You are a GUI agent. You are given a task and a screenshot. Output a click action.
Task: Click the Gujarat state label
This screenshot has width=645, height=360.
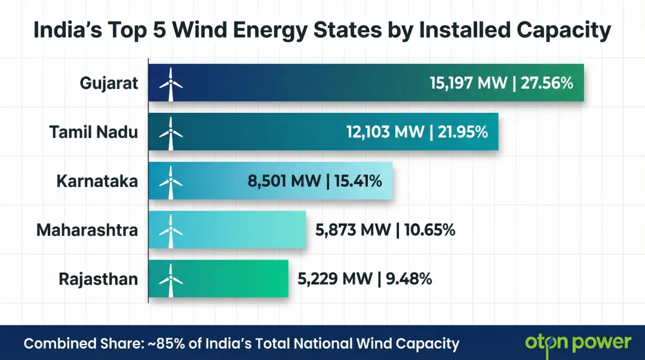[109, 83]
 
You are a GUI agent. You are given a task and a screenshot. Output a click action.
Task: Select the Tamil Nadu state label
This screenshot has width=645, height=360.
[93, 132]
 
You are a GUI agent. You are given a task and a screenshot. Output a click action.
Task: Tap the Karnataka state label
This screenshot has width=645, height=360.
[97, 181]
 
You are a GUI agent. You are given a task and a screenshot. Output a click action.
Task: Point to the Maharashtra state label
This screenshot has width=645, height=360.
[87, 230]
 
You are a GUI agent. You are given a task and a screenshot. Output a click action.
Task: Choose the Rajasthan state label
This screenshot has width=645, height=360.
[98, 279]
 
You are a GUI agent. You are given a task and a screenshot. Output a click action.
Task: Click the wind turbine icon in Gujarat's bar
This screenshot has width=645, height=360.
[170, 84]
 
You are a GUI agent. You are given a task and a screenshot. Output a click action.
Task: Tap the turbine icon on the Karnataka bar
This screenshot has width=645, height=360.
[170, 181]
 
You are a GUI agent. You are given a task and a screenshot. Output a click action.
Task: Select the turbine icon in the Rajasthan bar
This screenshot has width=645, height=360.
[170, 279]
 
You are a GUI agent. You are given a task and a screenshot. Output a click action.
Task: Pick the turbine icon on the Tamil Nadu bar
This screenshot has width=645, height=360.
[170, 133]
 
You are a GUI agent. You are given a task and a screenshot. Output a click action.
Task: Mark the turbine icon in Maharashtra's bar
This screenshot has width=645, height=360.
[170, 230]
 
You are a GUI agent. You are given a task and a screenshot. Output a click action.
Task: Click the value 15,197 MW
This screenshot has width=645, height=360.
[468, 83]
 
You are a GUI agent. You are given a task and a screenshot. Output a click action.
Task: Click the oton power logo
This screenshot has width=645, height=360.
[578, 343]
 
